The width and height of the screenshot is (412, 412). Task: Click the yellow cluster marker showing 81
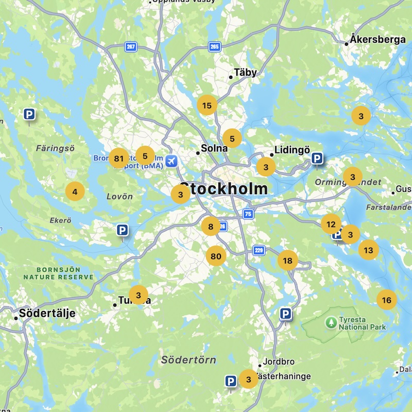point(119,159)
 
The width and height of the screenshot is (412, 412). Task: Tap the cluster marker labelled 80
point(216,256)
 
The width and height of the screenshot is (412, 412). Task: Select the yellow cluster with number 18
point(287,261)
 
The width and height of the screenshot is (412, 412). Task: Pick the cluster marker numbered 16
point(387,300)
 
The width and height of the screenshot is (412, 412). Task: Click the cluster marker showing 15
point(207,106)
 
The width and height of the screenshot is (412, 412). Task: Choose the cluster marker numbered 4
point(75,192)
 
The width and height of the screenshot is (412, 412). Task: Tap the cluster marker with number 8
point(211,226)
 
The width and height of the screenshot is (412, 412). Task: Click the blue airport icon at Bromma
point(171,161)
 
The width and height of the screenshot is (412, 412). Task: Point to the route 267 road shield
point(131,47)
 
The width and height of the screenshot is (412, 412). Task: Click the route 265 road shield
point(215,47)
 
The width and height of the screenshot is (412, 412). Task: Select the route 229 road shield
point(259,250)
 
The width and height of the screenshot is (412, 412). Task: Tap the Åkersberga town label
point(377,40)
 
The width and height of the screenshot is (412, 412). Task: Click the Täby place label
point(245,73)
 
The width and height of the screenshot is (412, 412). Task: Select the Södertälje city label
point(47,313)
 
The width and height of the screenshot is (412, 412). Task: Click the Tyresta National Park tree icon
point(331,322)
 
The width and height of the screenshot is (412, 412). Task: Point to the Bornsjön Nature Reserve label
point(58,273)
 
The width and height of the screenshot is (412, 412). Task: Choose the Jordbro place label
point(278,362)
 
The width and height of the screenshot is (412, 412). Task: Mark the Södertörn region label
point(188,359)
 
